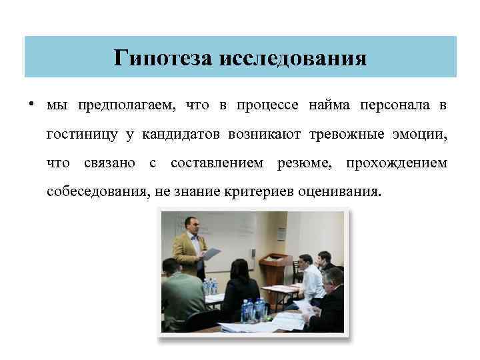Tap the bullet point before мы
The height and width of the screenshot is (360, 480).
pos(31,105)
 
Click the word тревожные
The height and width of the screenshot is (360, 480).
pos(347,135)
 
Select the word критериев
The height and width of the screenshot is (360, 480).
pos(255,193)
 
